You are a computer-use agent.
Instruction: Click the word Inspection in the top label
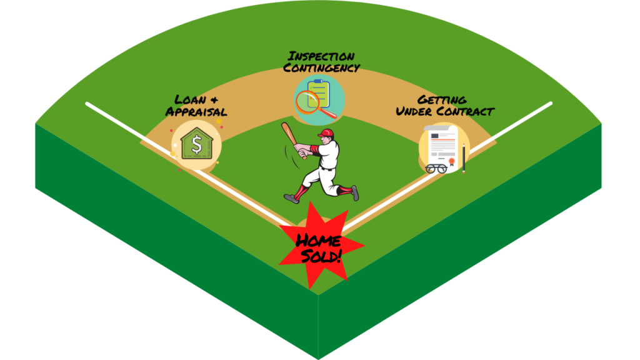click(x=321, y=56)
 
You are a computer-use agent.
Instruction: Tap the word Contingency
click(x=322, y=67)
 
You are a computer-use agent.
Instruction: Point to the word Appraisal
click(x=196, y=111)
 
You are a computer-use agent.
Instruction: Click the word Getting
click(x=442, y=99)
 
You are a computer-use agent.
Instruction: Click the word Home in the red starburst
click(x=318, y=241)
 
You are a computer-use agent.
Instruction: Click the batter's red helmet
click(x=326, y=134)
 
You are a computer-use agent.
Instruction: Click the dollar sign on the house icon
click(x=197, y=144)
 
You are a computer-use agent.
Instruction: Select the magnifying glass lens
click(x=307, y=102)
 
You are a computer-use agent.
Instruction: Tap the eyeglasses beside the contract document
click(x=436, y=168)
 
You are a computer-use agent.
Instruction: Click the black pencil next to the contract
click(x=464, y=159)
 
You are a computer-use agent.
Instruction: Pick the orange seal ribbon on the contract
click(x=452, y=162)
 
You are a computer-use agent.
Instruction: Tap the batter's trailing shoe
click(x=355, y=192)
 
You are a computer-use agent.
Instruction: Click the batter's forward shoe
click(x=291, y=199)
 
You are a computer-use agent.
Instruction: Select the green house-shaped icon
click(x=197, y=144)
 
